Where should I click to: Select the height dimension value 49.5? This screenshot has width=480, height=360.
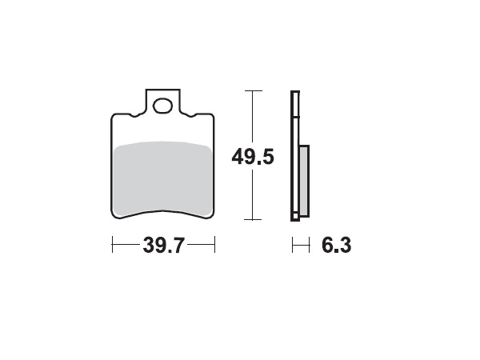coord(253,156)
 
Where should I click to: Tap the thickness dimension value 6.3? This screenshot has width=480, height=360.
coord(336,246)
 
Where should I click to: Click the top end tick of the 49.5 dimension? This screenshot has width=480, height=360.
coord(253,91)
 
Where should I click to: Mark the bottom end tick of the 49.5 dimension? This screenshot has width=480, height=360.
coord(253,219)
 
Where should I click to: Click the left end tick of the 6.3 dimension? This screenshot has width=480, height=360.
coord(292,246)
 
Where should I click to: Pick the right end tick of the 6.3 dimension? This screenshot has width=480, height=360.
coord(308,246)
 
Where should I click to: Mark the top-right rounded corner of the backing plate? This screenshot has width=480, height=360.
coord(213,117)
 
